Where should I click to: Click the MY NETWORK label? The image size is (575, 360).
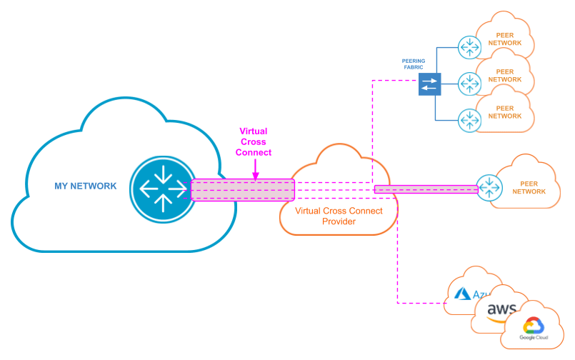click(85, 186)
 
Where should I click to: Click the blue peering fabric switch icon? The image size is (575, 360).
click(429, 85)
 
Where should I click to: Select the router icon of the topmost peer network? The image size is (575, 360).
click(469, 48)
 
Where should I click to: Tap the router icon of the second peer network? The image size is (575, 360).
click(469, 84)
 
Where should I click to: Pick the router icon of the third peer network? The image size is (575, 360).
click(469, 119)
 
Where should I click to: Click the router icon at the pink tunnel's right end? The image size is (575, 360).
click(489, 189)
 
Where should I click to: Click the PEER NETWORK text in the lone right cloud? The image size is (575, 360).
click(529, 186)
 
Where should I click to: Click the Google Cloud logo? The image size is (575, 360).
click(533, 329)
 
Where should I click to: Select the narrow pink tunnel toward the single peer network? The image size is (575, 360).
click(426, 189)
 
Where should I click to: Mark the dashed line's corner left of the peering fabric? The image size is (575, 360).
click(372, 81)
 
